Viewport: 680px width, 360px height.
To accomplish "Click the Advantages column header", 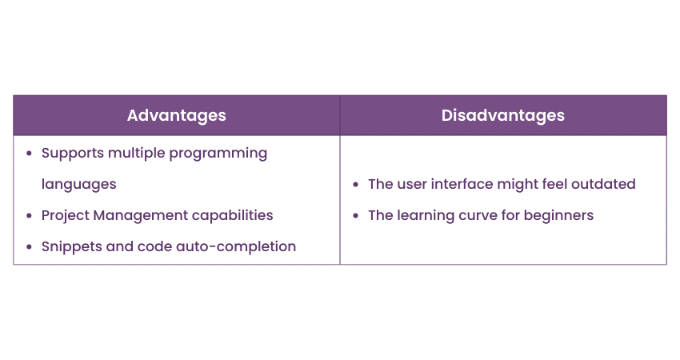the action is click(x=177, y=116).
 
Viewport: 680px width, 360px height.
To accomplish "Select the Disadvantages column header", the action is click(x=503, y=115).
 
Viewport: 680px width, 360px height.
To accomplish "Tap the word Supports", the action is click(x=73, y=154).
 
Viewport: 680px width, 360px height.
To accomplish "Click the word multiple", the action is click(x=137, y=154).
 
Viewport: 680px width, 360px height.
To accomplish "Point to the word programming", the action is click(x=218, y=154).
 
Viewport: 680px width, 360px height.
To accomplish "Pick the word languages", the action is click(x=79, y=185).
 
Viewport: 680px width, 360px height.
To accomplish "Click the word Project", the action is click(x=66, y=215).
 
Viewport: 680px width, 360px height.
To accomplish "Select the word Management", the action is click(x=141, y=216).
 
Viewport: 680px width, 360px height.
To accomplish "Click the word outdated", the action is click(x=603, y=184).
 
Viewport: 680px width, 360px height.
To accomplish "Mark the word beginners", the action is click(x=558, y=216).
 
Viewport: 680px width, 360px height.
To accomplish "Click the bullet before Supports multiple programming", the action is click(x=29, y=154).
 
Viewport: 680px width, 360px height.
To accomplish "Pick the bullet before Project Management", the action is click(x=29, y=215).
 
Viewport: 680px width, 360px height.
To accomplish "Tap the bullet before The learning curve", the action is click(x=356, y=215).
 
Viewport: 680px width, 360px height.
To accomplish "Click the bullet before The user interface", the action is click(x=356, y=184).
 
